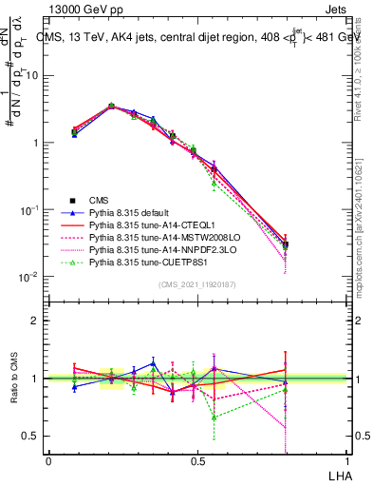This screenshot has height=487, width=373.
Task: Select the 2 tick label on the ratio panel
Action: [35, 321]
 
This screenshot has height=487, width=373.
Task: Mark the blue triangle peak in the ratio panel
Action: [154, 363]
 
